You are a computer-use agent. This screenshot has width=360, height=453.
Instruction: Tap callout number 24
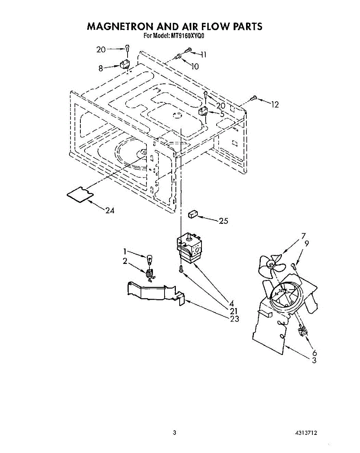(x=110, y=211)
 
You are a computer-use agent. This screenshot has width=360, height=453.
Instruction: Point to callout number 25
(x=223, y=221)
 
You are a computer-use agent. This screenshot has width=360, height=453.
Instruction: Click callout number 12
(x=275, y=105)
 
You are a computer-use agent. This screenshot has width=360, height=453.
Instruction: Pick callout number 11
(x=203, y=55)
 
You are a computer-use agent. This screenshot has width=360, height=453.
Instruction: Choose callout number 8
(x=101, y=68)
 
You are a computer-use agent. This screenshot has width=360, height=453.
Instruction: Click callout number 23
(x=234, y=319)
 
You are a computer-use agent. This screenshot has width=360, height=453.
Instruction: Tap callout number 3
(x=314, y=360)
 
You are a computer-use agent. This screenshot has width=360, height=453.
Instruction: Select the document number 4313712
(x=306, y=433)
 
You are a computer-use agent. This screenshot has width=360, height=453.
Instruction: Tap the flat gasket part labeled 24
(x=79, y=194)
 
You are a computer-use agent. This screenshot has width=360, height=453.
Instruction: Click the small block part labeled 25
(x=193, y=214)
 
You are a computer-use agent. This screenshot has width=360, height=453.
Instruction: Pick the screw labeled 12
(x=253, y=98)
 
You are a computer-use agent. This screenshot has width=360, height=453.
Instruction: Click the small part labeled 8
(x=125, y=64)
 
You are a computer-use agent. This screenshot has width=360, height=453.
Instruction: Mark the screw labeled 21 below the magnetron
(x=181, y=269)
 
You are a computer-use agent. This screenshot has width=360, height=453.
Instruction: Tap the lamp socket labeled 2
(x=149, y=274)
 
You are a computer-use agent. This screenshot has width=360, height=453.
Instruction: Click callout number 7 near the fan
(x=303, y=236)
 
